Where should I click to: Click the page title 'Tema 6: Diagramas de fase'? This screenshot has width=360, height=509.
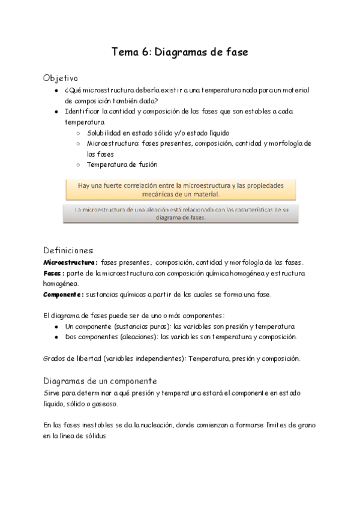180,52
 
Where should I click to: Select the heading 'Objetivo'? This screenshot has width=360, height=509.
61,79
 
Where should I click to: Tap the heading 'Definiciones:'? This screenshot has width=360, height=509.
68,250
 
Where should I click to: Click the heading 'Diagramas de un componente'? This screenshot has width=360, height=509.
100,381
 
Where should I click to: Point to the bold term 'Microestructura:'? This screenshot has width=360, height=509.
70,262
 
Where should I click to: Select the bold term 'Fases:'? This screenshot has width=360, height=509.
54,273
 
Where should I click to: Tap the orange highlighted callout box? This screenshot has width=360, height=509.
181,190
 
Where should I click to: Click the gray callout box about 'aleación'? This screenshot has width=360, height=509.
181,214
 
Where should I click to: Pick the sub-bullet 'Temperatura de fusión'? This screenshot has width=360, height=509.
122,164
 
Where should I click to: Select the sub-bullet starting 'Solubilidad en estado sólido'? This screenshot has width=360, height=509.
158,133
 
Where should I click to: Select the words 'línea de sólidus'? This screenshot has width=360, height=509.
82,436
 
